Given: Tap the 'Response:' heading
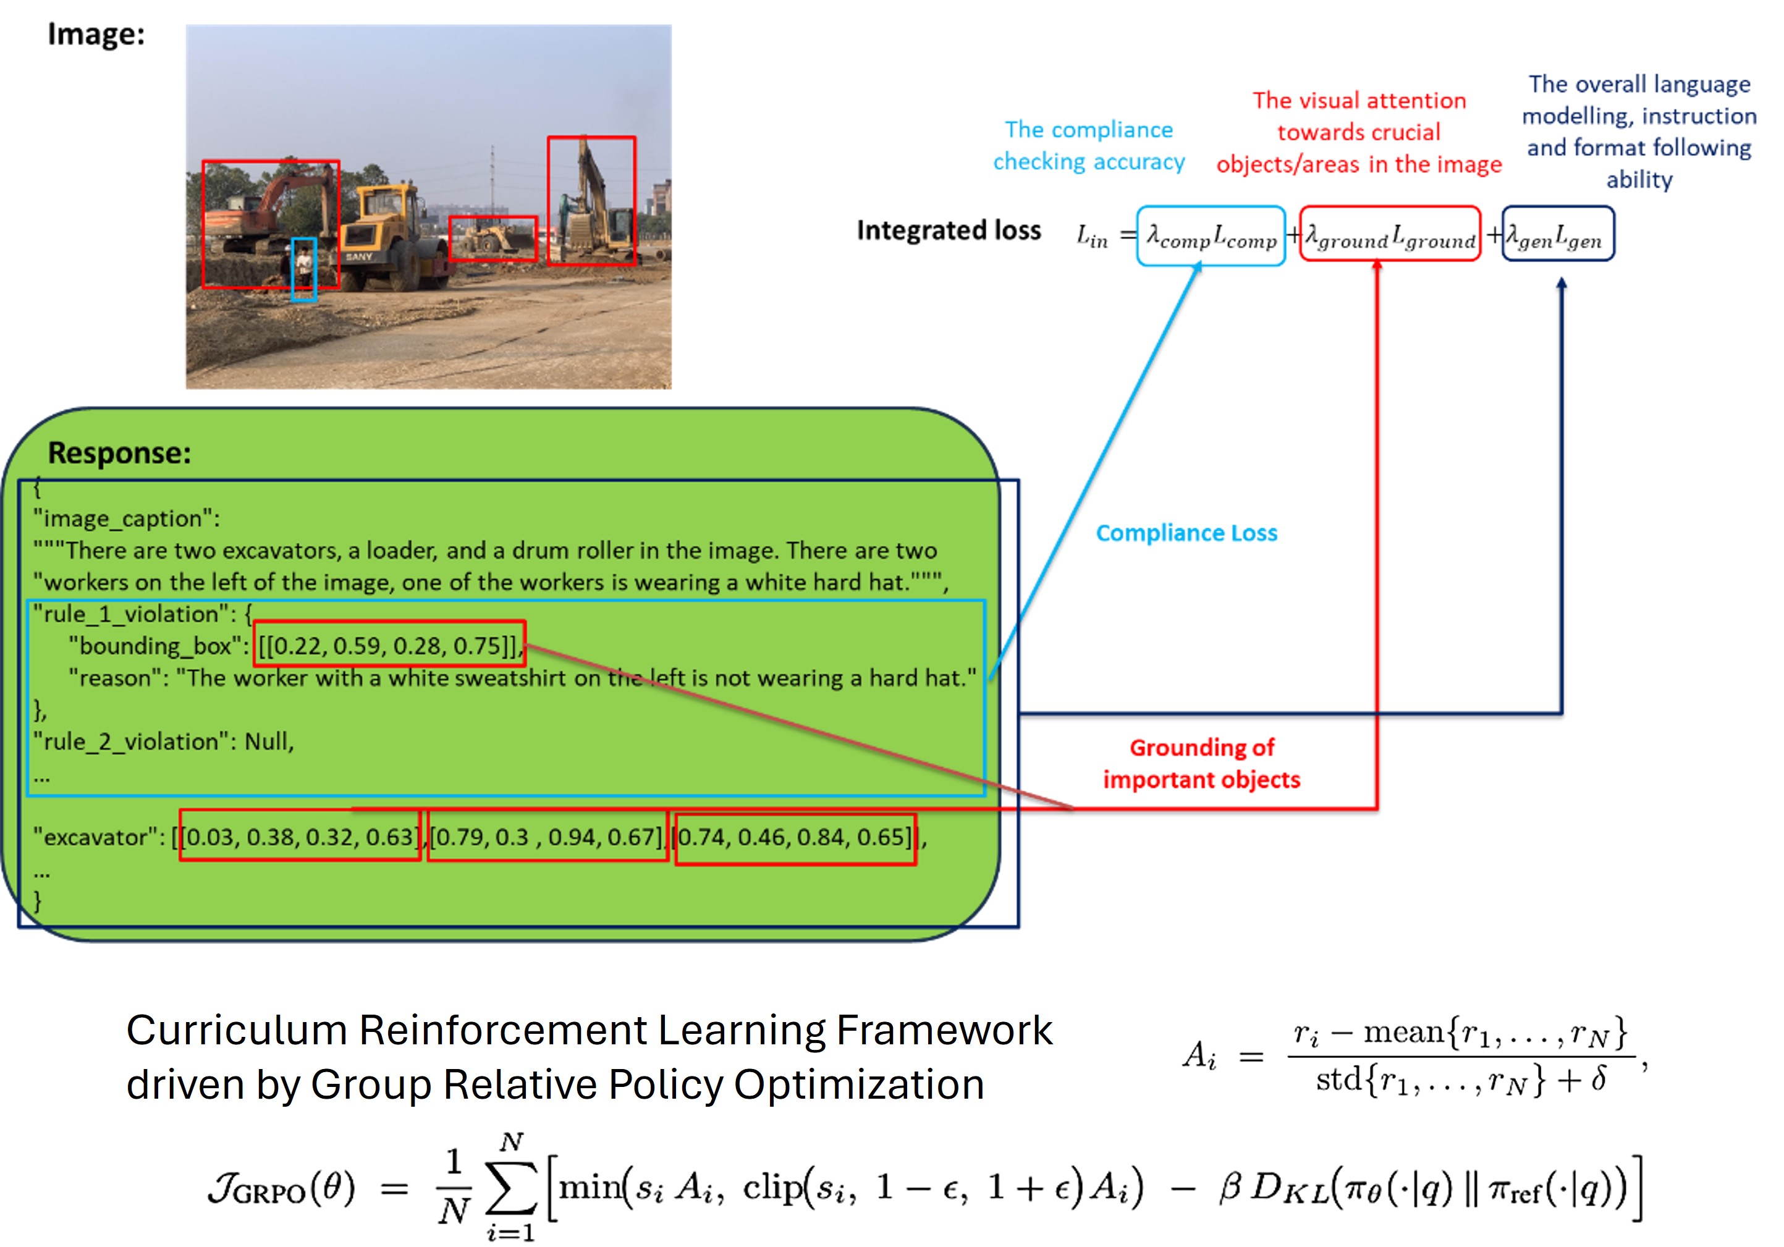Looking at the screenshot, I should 120,453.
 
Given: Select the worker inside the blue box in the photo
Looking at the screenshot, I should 304,268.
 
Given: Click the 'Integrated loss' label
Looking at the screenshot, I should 949,230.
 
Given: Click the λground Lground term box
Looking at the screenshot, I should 1390,235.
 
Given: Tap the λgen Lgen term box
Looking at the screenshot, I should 1558,235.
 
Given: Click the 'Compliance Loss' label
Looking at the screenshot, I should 1186,533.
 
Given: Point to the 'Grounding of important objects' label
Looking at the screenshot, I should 1201,764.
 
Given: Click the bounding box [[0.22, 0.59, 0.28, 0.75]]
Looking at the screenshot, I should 389,644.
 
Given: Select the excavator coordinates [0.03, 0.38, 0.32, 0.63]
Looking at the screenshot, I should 300,836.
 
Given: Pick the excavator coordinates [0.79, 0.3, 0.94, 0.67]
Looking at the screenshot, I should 547,836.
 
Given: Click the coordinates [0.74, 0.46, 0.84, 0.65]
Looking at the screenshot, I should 795,837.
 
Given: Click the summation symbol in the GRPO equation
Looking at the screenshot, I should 510,1190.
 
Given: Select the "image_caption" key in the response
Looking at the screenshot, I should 126,518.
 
